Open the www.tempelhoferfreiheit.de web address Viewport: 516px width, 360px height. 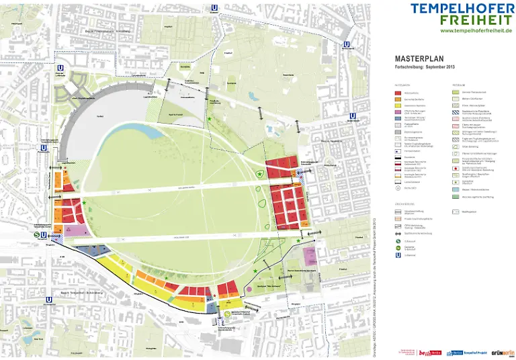pos(476,30)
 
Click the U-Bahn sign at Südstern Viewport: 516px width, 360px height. pos(214,8)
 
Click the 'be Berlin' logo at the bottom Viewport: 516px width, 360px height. pos(427,351)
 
